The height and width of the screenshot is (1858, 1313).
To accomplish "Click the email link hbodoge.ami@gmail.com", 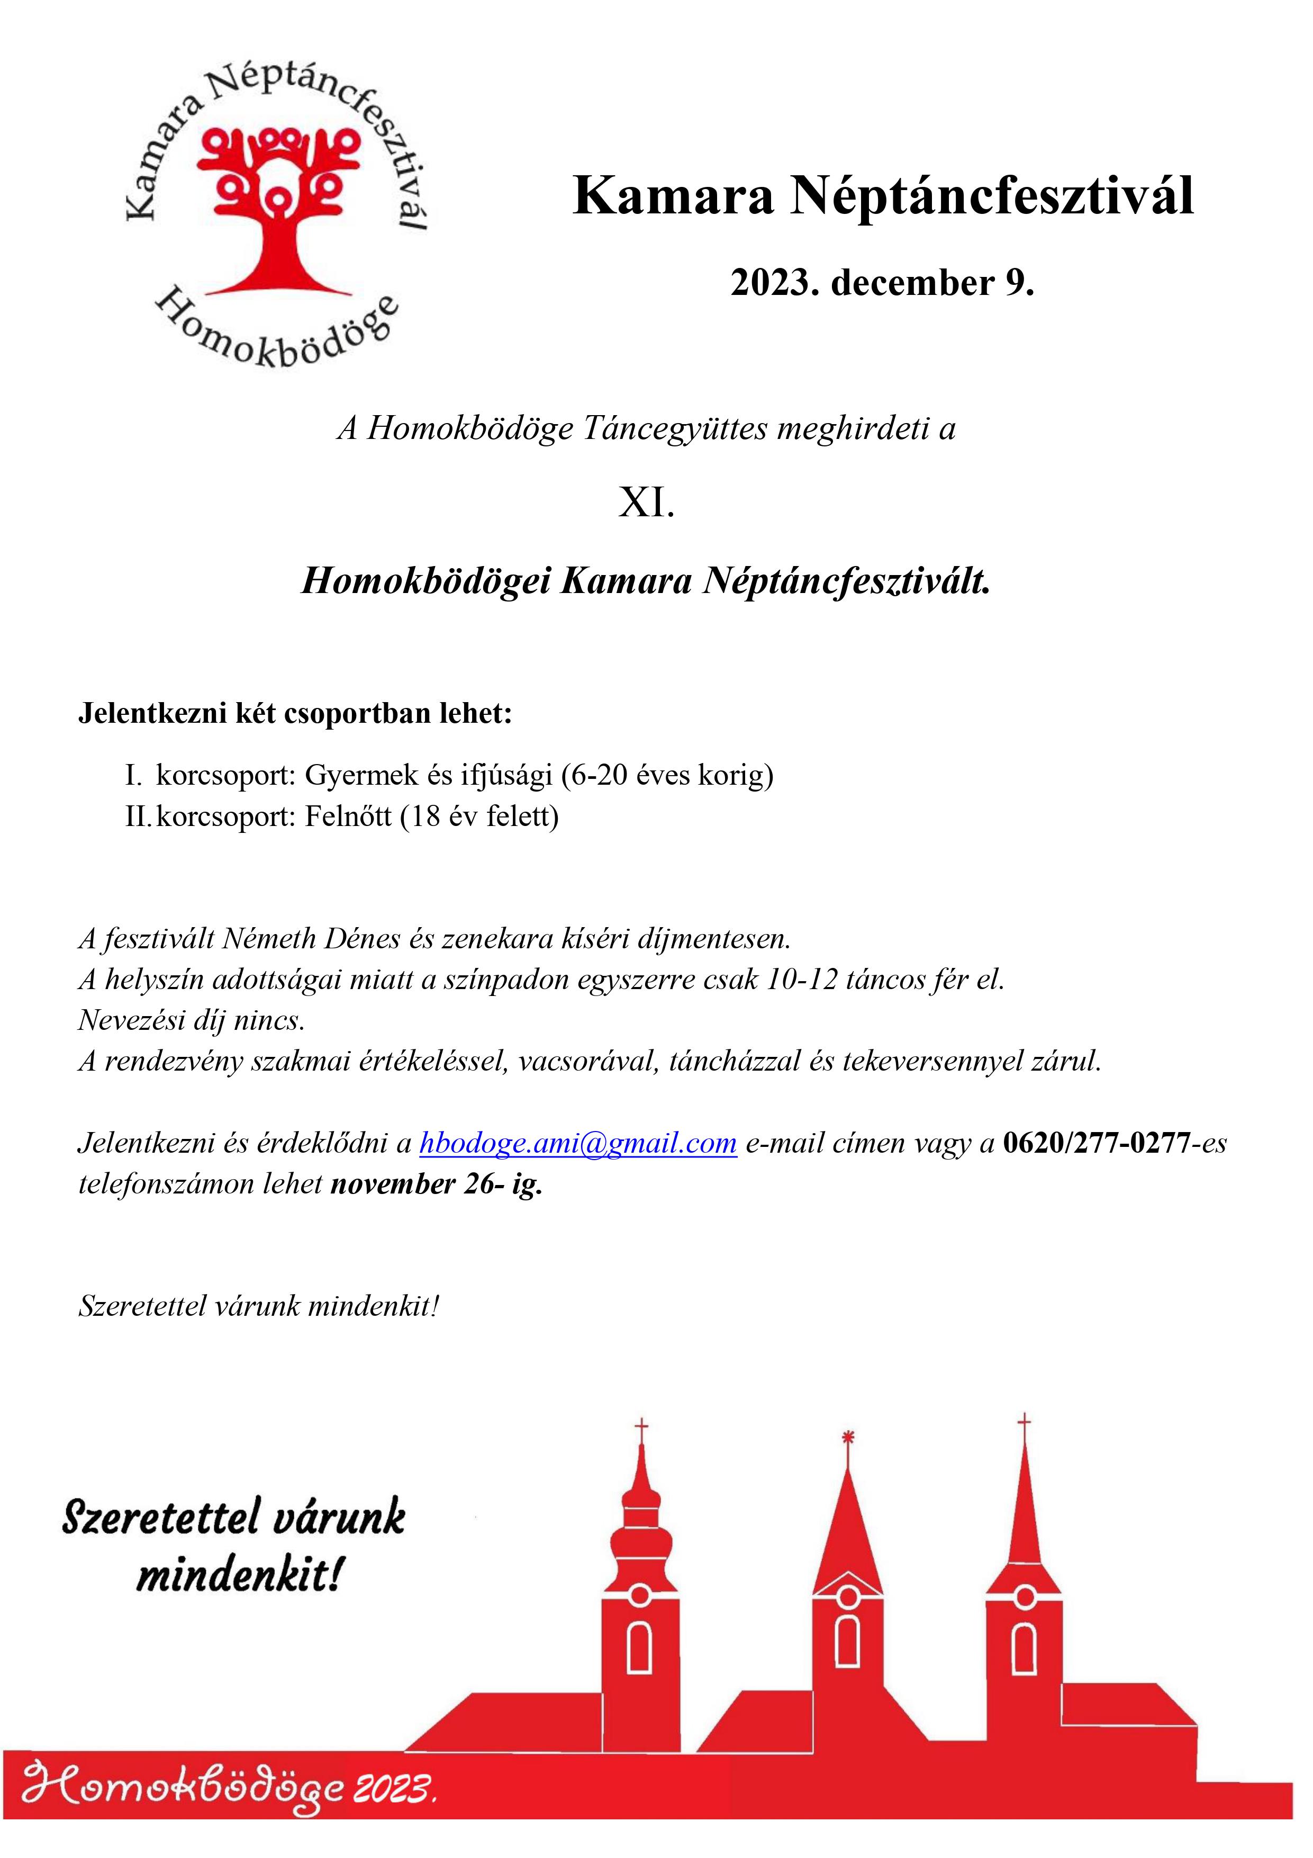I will pyautogui.click(x=577, y=1143).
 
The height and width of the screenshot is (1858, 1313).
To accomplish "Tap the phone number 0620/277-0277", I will pyautogui.click(x=1096, y=1143).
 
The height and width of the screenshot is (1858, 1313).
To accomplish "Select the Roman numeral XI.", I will pyautogui.click(x=646, y=504).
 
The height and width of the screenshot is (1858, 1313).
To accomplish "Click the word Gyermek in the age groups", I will pyautogui.click(x=361, y=775).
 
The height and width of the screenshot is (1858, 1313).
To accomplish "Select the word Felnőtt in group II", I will pyautogui.click(x=348, y=816).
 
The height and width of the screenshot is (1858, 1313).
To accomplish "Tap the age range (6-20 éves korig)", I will pyautogui.click(x=667, y=775).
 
